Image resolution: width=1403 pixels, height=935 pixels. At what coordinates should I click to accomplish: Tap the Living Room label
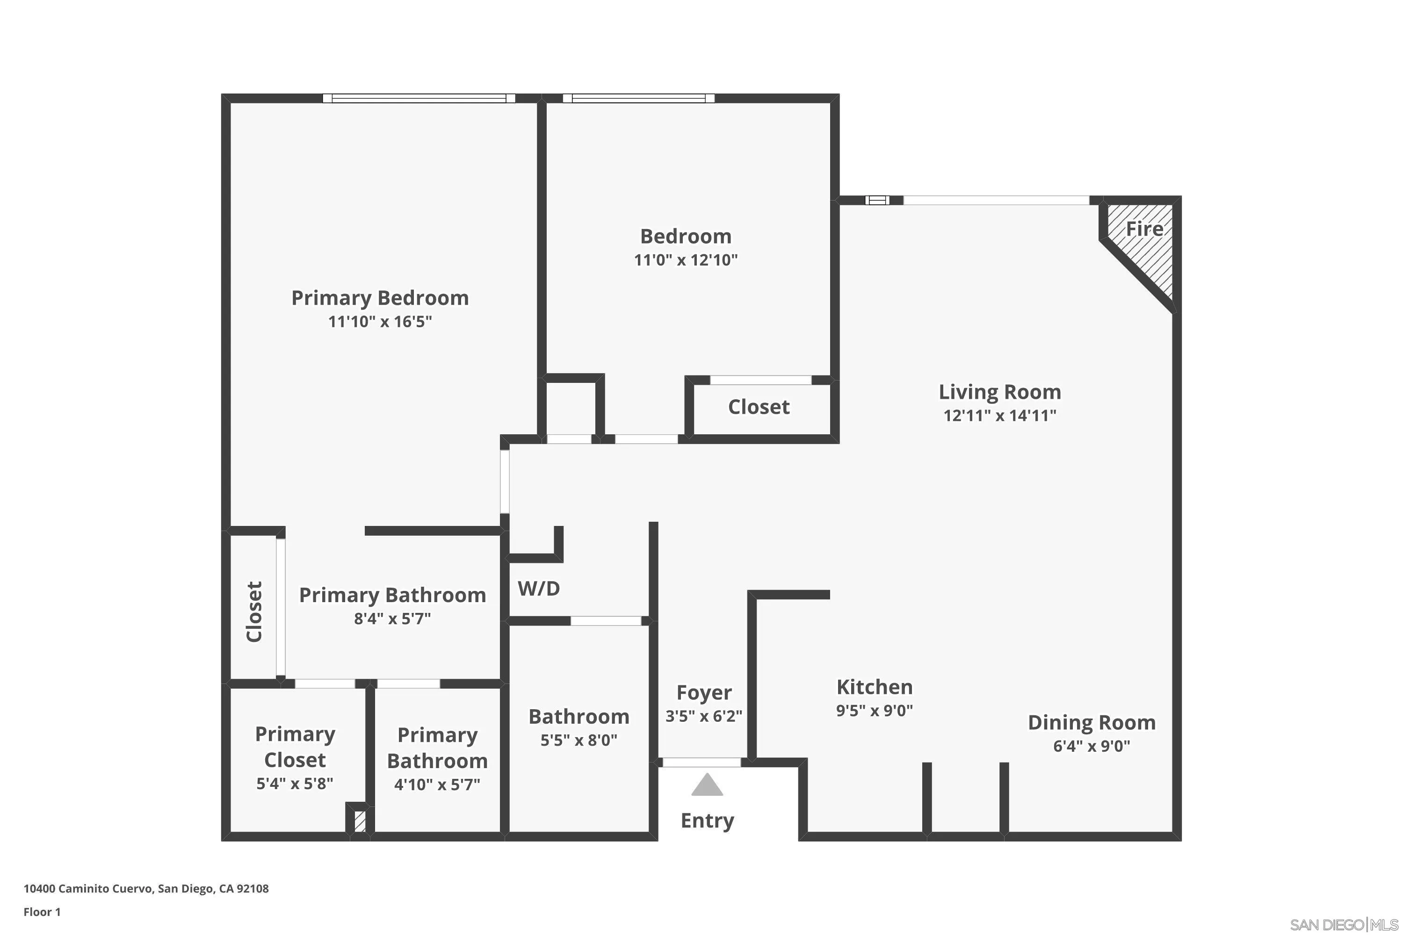(x=1000, y=392)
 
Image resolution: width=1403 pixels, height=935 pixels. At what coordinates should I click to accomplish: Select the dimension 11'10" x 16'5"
(x=380, y=322)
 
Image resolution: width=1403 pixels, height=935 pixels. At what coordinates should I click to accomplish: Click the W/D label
(x=539, y=589)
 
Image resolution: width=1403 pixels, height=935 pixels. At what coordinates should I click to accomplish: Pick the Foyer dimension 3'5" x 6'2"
(x=704, y=716)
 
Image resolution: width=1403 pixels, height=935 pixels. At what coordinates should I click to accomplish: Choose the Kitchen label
(x=875, y=687)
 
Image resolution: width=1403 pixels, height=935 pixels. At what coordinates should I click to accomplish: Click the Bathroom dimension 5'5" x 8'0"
(x=579, y=740)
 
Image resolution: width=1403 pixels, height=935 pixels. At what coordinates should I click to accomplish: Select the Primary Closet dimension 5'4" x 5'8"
(x=295, y=784)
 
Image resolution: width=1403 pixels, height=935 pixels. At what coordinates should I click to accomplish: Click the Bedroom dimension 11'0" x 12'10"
(x=686, y=260)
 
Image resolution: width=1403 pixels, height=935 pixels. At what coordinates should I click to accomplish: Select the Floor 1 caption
(x=42, y=912)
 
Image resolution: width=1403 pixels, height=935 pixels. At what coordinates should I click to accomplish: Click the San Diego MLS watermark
(x=1345, y=925)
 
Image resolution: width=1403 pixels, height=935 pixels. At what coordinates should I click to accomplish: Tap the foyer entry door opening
(x=701, y=762)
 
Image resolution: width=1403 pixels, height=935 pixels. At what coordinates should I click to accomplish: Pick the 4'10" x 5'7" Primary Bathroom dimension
(x=437, y=785)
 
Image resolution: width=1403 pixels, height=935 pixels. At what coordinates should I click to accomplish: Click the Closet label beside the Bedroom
(x=759, y=407)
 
